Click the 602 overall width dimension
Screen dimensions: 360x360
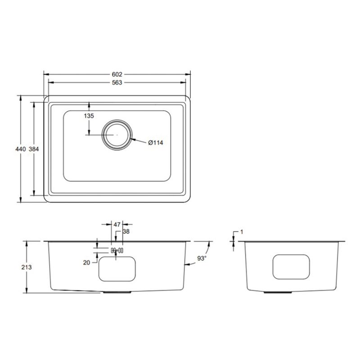(x=117, y=74)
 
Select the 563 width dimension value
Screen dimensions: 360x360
(x=117, y=82)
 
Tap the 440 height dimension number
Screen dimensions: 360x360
(x=21, y=149)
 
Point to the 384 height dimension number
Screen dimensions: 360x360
(x=34, y=149)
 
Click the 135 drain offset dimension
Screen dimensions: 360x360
(x=89, y=116)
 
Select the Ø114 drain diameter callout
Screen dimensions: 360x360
(x=156, y=143)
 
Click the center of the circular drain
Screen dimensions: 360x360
(x=117, y=135)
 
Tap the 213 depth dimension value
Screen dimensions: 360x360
(x=27, y=267)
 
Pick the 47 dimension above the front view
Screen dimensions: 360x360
(x=117, y=225)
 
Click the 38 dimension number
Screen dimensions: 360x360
(x=126, y=231)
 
